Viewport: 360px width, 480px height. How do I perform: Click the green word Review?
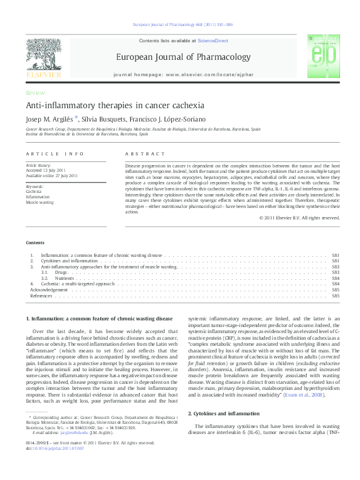(x=34, y=92)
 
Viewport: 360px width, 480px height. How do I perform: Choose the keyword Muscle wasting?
(x=39, y=203)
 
